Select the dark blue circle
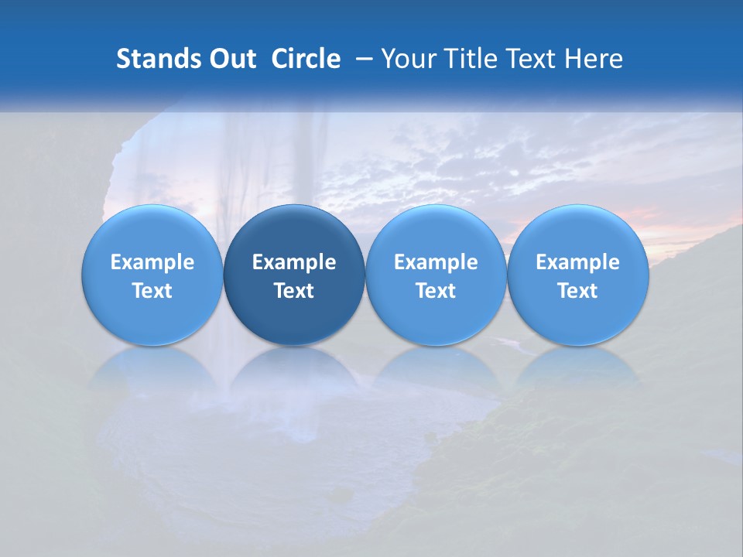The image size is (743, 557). click(294, 275)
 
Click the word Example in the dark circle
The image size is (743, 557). click(294, 262)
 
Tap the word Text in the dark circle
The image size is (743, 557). click(294, 291)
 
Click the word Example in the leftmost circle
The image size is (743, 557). click(152, 262)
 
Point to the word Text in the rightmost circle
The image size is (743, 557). click(578, 291)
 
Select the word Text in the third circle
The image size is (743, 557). click(436, 291)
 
